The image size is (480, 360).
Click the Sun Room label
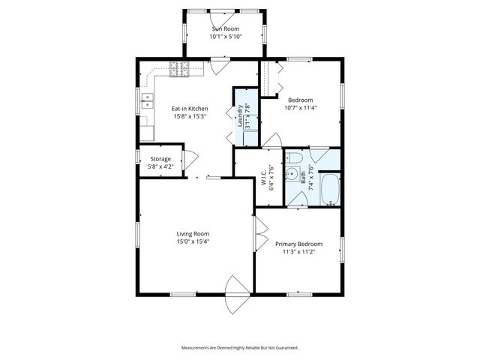coord(224,28)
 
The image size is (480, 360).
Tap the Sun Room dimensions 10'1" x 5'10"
coord(224,37)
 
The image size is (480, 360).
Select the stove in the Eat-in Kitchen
coord(180,70)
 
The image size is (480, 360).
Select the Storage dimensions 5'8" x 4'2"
coord(160,166)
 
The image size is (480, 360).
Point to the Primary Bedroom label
coord(298,244)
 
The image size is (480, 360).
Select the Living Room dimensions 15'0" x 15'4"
coord(193,241)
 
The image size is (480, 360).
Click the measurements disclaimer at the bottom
coord(240,348)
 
